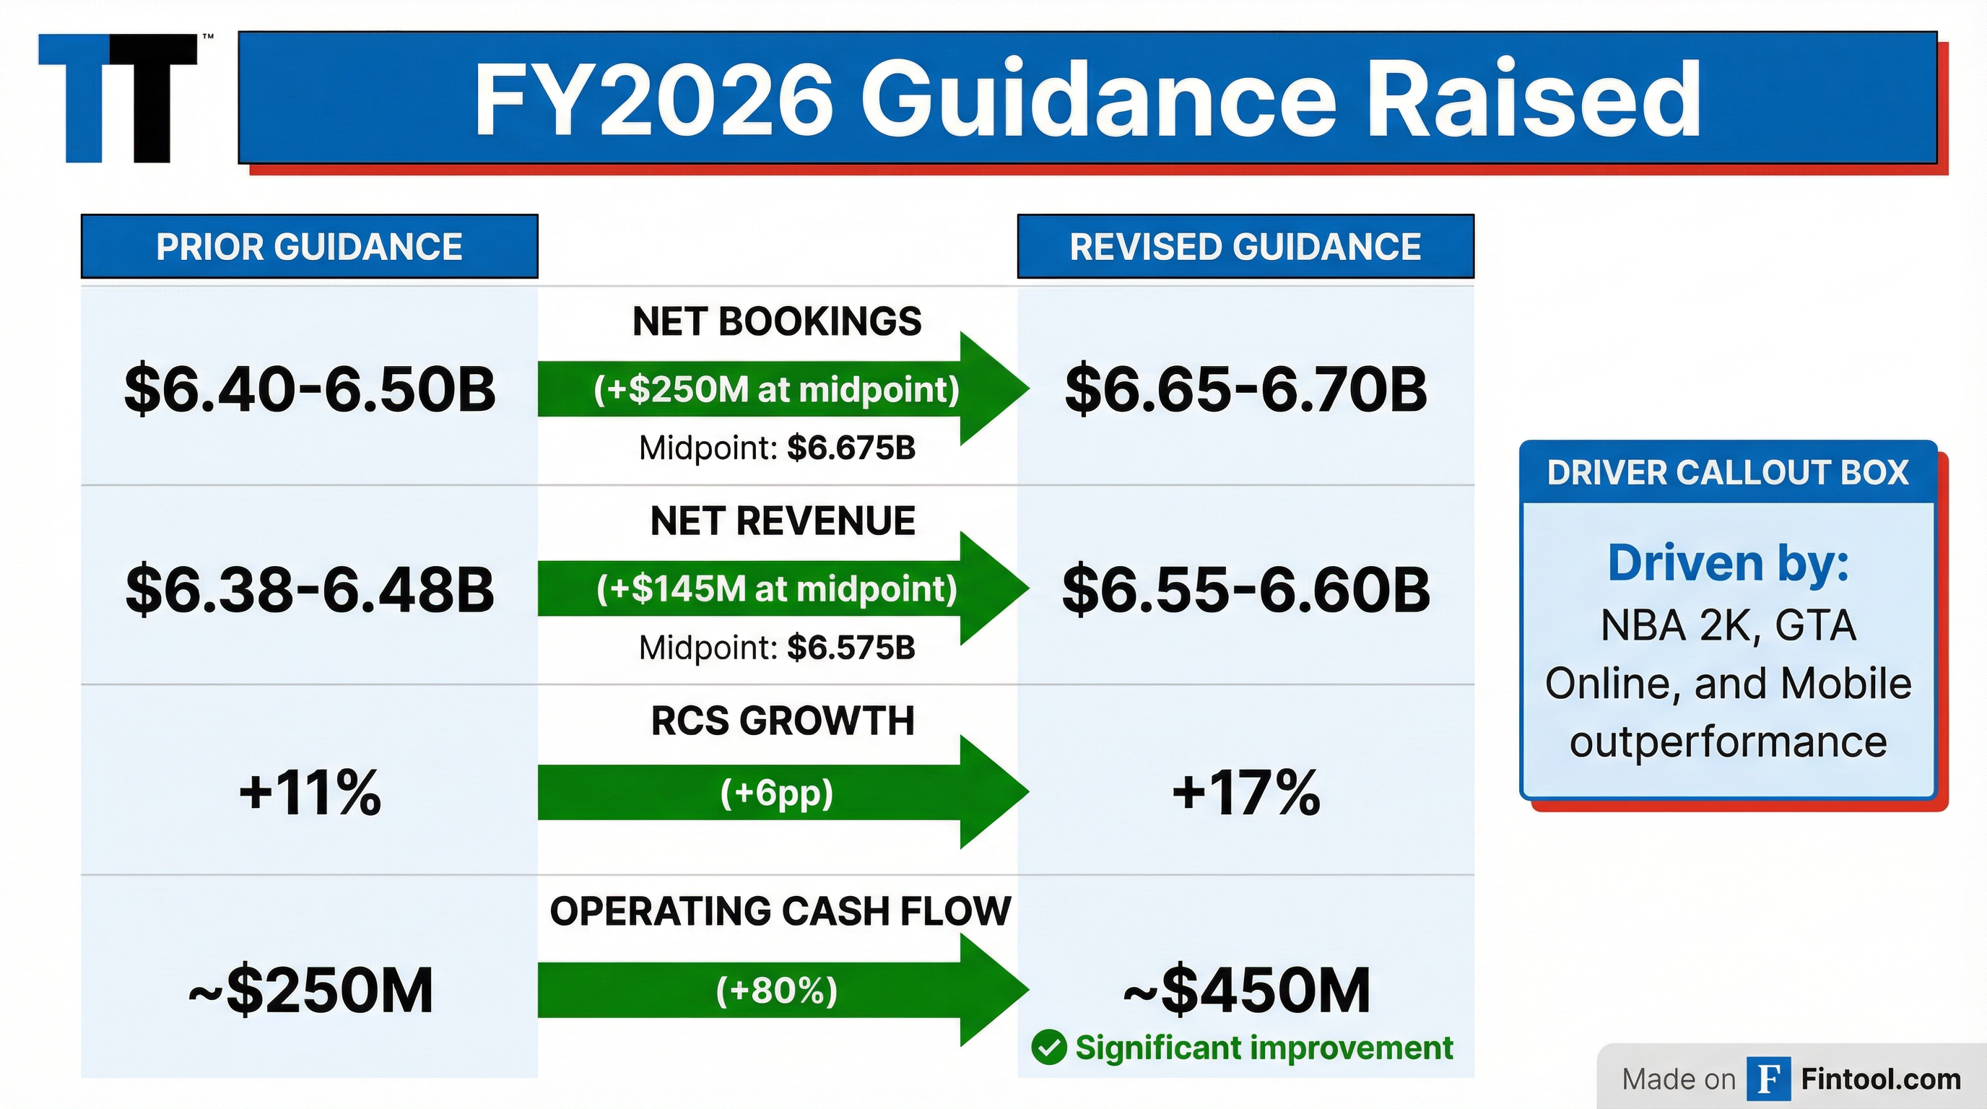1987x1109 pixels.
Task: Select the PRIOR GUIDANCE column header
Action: [309, 247]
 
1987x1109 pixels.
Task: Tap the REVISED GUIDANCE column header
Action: [1245, 247]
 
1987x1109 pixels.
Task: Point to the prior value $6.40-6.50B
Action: [309, 388]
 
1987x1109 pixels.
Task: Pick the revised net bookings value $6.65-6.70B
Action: [1245, 388]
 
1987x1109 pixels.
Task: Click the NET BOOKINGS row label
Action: [777, 321]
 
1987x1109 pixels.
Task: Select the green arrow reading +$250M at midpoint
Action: [777, 388]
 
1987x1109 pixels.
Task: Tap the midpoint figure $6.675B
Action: [851, 448]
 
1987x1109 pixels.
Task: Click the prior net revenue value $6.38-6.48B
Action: [309, 589]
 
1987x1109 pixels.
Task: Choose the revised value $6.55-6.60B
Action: [1245, 589]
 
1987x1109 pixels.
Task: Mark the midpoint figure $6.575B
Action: [851, 648]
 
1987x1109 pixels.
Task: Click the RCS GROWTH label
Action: [782, 721]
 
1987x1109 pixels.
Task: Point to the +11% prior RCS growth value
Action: [309, 792]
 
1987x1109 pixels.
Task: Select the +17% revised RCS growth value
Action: [1245, 792]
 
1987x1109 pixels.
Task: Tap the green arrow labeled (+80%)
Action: [777, 991]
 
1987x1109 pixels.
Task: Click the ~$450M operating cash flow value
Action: [1245, 991]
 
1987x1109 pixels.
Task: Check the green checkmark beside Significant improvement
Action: [1049, 1048]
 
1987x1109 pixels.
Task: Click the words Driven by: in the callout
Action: [1728, 563]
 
